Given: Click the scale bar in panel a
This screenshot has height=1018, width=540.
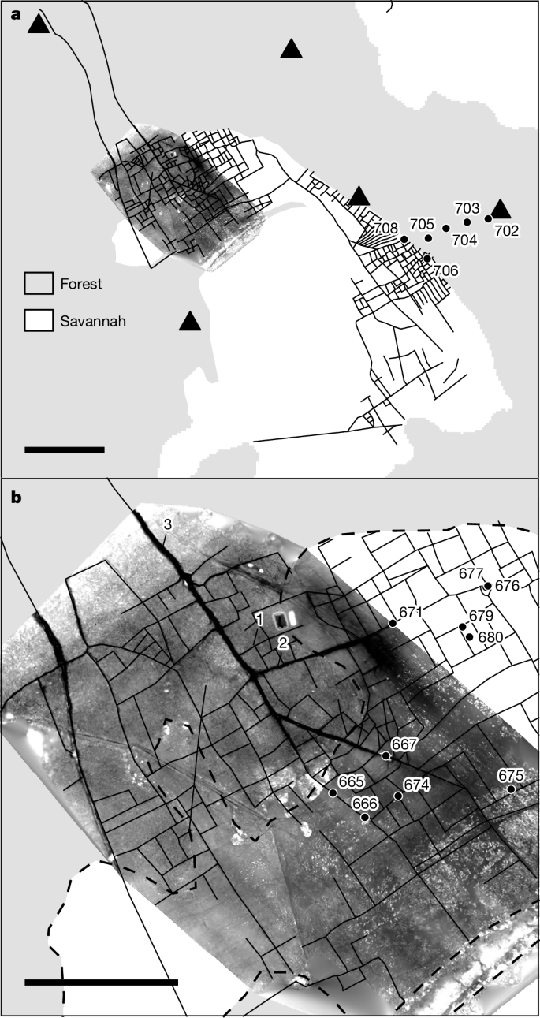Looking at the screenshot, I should point(65,450).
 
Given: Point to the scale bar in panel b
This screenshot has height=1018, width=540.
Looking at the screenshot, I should point(102,982).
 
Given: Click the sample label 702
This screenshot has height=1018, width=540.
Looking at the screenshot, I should point(507,231).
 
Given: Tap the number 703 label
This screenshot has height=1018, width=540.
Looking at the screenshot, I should point(467,208).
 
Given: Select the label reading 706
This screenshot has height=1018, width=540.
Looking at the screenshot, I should point(446,270).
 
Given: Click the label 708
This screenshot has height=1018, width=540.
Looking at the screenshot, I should point(385,229).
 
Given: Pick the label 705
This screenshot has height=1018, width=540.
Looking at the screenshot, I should point(423,223).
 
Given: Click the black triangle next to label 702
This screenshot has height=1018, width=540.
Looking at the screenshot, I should point(501,209).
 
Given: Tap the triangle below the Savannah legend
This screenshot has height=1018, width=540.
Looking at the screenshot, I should point(189,321).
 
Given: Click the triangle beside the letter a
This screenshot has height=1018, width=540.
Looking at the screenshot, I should point(39,24).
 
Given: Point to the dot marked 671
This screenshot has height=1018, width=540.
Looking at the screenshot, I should point(393,624).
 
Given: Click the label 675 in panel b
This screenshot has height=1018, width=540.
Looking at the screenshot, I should point(511,776).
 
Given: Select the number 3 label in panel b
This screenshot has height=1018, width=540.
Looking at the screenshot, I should point(167,525).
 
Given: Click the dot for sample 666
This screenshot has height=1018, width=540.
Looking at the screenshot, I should point(364,818).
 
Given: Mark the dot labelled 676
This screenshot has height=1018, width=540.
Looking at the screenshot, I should point(488,586).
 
